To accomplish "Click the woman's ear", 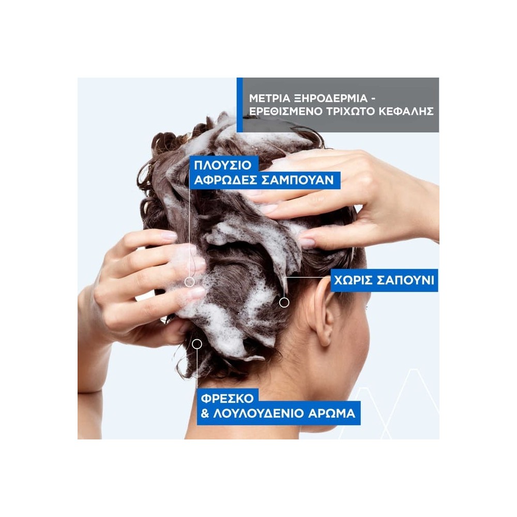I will point(325,315).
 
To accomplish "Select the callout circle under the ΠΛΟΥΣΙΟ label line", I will point(190,282).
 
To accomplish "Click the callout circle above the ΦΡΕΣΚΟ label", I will point(196,343).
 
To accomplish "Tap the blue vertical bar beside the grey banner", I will point(239,105).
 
